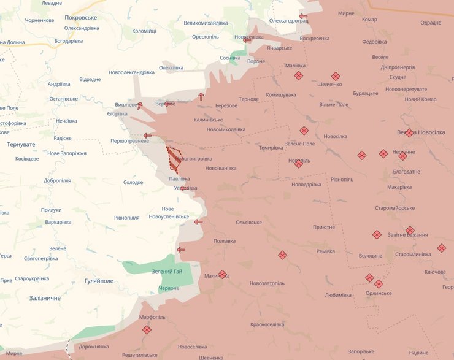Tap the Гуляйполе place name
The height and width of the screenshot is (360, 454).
[x=99, y=280]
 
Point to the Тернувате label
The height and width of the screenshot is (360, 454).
[x=21, y=144]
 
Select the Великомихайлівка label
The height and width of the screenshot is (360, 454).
[x=206, y=23]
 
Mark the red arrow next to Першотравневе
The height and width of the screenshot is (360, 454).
[x=147, y=136]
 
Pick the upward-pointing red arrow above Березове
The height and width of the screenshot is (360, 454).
[x=201, y=96]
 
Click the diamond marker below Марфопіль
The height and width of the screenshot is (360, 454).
[x=147, y=330]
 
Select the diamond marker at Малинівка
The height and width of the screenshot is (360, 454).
[x=222, y=274]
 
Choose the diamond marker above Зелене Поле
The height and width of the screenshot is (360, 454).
[x=304, y=131]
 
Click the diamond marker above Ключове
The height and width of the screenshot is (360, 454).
[x=441, y=248]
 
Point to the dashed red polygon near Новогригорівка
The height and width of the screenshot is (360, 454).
[x=174, y=158]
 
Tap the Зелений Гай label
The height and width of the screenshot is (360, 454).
[x=166, y=272]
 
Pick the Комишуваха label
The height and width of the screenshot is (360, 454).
[x=281, y=95]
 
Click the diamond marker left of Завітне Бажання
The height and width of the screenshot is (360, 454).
[x=377, y=234]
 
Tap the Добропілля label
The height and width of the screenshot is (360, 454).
[x=58, y=181]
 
